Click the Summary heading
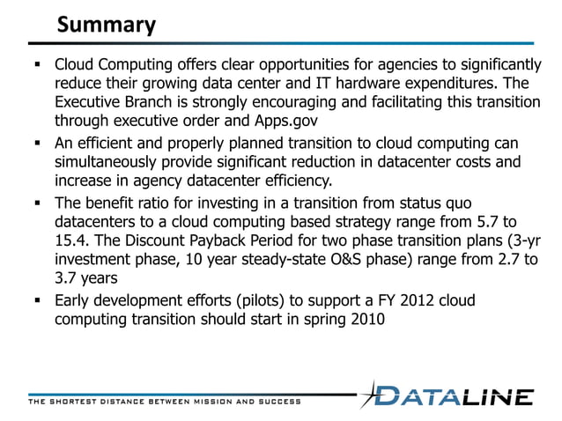tap(106, 25)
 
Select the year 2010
tap(366, 320)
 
